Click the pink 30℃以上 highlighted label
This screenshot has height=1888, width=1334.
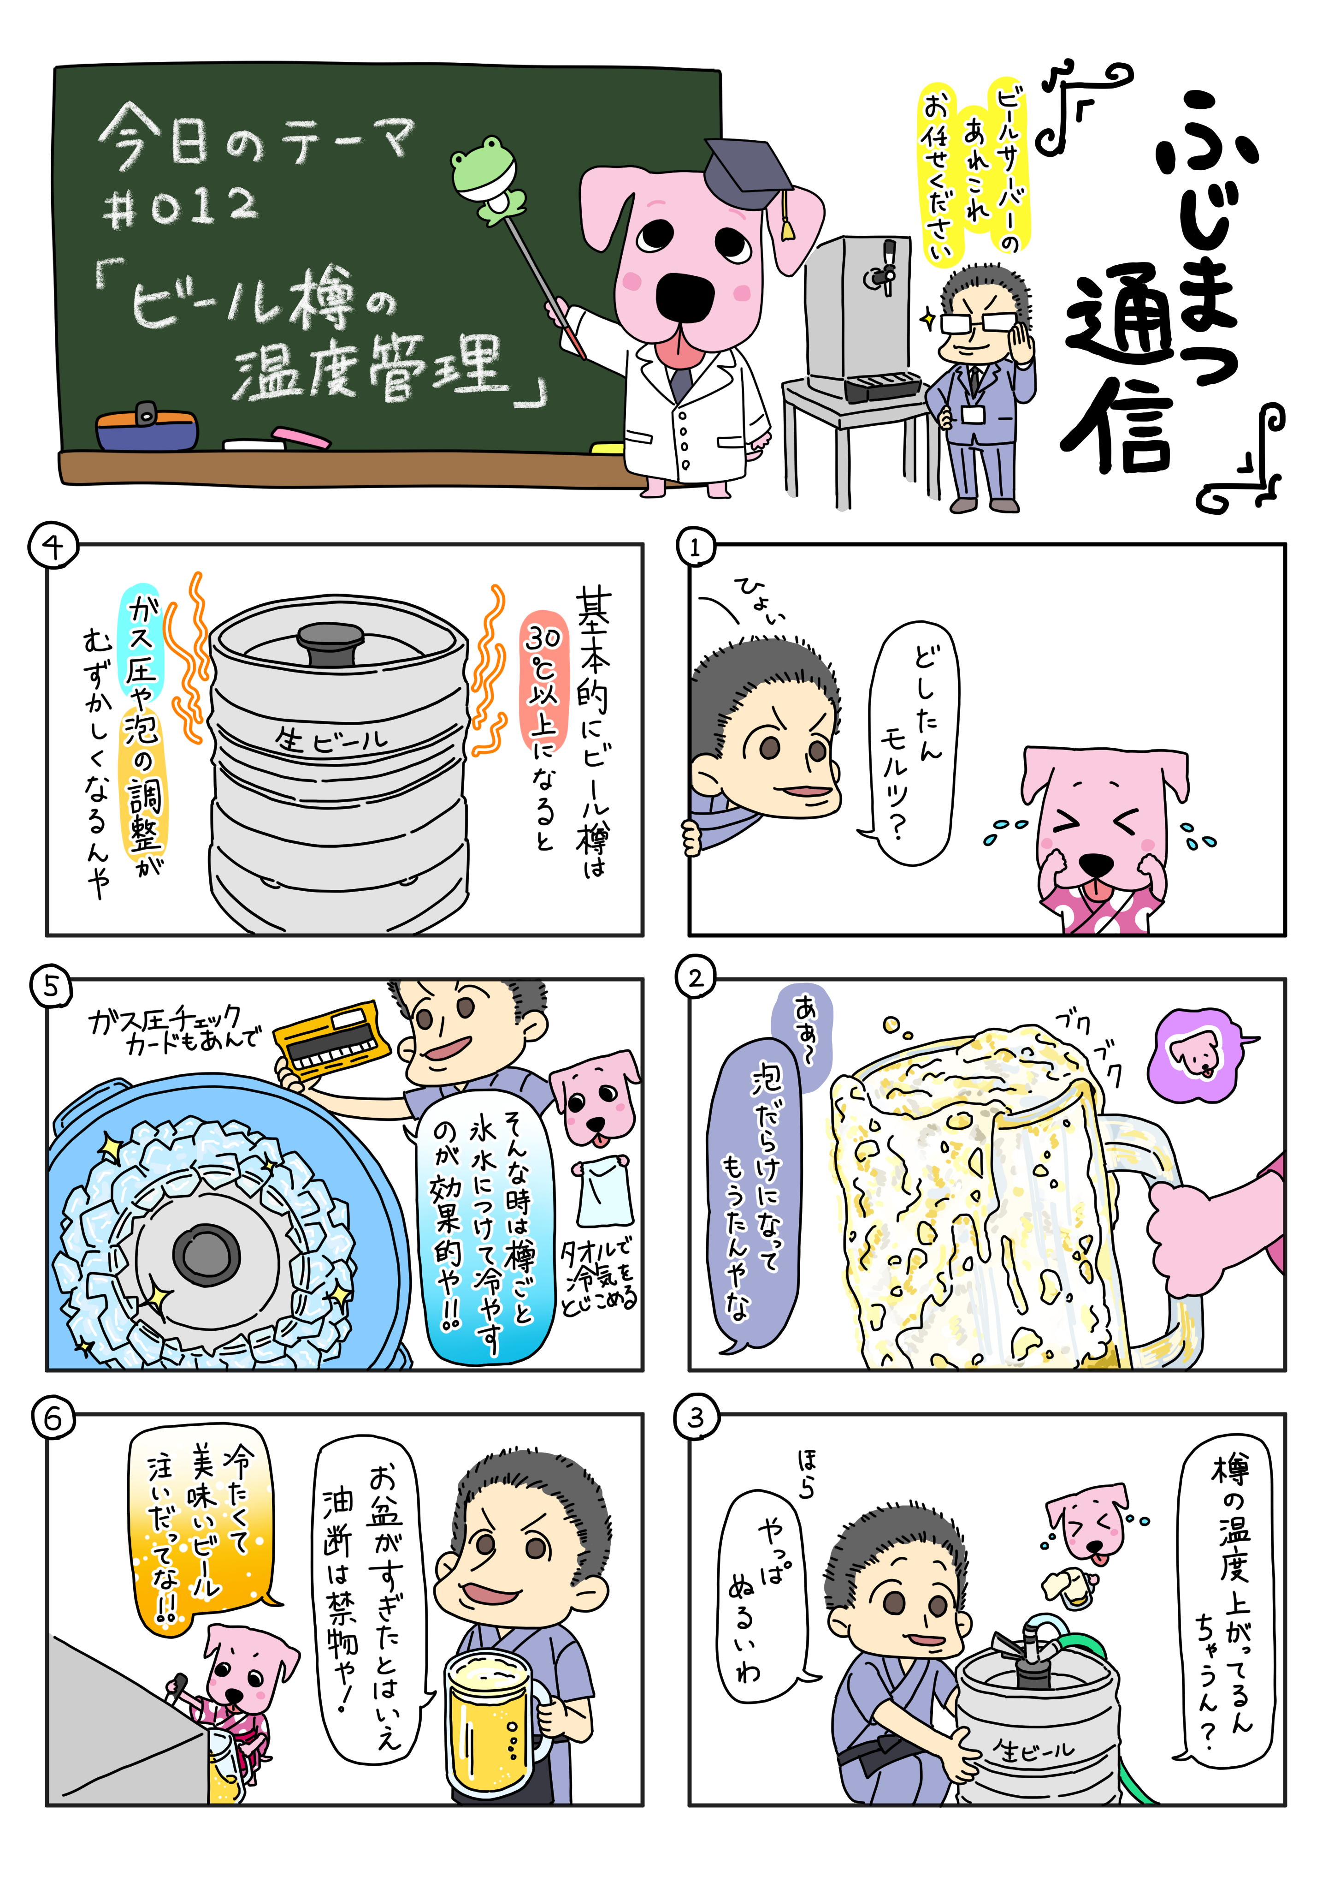point(543,683)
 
